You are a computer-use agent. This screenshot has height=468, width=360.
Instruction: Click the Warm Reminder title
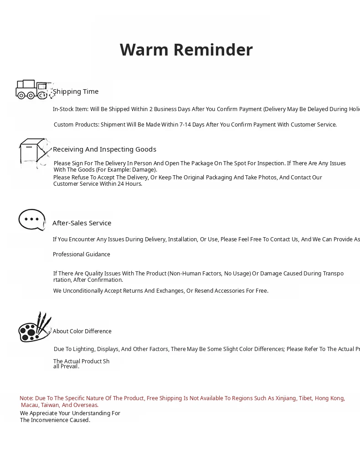(186, 50)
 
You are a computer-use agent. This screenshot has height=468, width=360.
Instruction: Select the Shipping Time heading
(76, 92)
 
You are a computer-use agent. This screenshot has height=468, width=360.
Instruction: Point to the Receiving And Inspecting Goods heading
(104, 149)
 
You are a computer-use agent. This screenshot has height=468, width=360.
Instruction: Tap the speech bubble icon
(32, 220)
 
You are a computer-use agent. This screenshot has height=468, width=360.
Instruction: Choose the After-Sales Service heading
(82, 223)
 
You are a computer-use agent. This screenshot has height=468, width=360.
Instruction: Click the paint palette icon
(34, 328)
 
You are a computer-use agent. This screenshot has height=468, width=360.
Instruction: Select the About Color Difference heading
(82, 331)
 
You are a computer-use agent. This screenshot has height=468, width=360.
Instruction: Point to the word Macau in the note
(30, 405)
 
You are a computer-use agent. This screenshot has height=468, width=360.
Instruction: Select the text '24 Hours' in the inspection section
(130, 184)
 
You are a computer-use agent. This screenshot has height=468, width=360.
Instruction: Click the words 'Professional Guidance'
(82, 254)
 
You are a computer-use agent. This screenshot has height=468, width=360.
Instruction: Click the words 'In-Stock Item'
(71, 109)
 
